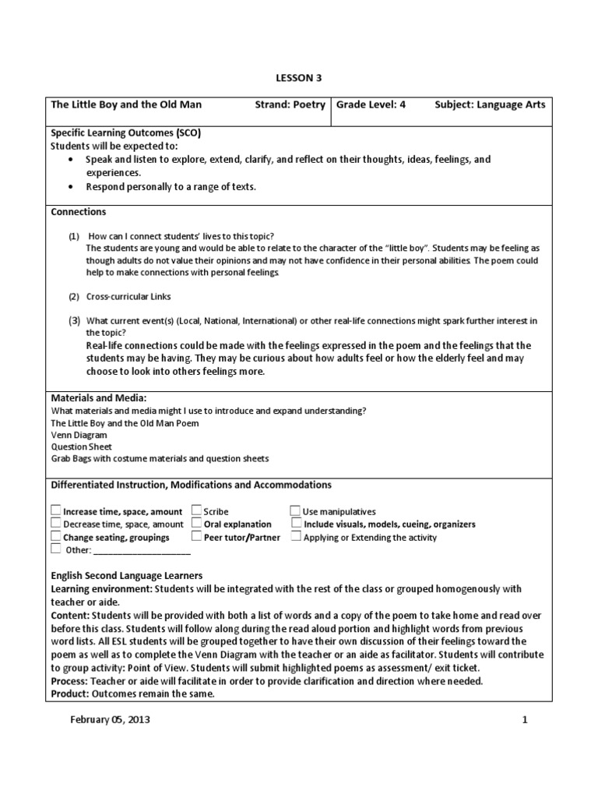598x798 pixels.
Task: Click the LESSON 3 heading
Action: pos(299,78)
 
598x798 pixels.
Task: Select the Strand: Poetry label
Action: pos(290,104)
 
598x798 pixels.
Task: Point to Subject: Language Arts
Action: pos(490,104)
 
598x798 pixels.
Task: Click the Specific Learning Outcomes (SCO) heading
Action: pos(126,133)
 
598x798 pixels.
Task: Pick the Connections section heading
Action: pos(79,211)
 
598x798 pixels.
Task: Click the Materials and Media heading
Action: pos(98,398)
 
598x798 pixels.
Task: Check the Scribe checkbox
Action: pos(196,511)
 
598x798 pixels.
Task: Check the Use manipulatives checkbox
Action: pos(296,511)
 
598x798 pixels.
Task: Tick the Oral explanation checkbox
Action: pos(196,524)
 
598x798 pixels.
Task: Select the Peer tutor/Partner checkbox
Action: pos(196,537)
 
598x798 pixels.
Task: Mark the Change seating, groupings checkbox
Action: pos(56,537)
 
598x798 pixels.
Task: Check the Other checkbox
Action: pos(56,549)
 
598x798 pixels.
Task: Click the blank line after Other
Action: pos(142,551)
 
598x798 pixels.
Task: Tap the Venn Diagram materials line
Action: pos(79,435)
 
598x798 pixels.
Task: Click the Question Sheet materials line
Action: pos(82,447)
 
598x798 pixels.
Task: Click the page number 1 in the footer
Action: pos(525,720)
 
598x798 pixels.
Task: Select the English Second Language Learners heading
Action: pos(127,576)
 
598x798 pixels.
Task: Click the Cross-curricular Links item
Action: pos(128,297)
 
